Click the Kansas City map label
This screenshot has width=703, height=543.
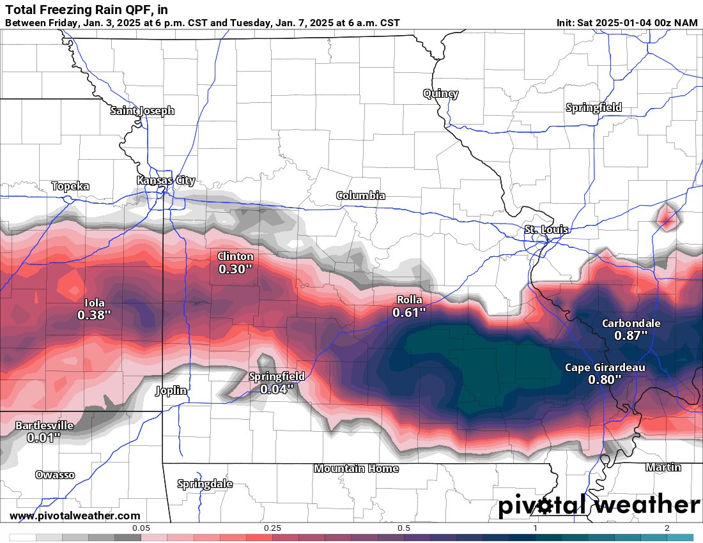(x=166, y=181)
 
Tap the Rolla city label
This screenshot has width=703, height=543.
(x=409, y=300)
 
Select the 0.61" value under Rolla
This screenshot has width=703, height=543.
(x=409, y=312)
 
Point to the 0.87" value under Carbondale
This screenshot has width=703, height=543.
(x=631, y=335)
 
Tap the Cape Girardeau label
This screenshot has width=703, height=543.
(x=605, y=367)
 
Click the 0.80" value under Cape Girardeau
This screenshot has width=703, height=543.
(x=605, y=379)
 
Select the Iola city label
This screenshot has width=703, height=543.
(x=95, y=303)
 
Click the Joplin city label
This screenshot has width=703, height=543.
(x=171, y=390)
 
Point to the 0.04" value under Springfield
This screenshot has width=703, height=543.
(x=277, y=388)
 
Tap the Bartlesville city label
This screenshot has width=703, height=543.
(x=44, y=425)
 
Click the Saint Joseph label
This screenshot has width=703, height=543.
(x=142, y=111)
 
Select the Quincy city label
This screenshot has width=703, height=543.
(x=440, y=94)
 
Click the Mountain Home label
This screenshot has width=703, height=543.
(x=356, y=468)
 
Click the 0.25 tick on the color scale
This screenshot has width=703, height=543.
(x=272, y=528)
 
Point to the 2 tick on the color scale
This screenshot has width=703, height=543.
(x=667, y=528)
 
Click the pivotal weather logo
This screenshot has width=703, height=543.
(x=599, y=505)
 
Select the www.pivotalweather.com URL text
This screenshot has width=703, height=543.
(x=75, y=516)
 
